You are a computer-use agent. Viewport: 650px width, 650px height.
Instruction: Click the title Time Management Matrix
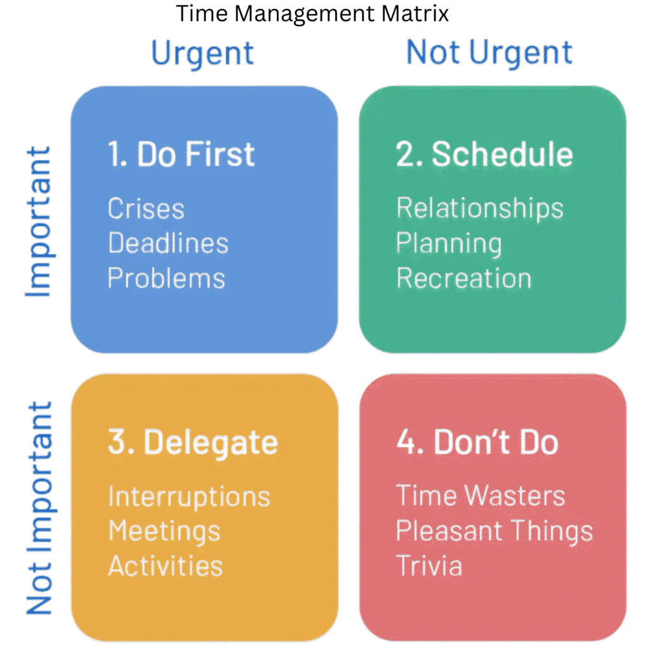coord(312,14)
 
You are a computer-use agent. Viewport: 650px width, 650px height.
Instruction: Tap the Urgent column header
coord(203,53)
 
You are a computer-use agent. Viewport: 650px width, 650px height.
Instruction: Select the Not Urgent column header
coord(489,53)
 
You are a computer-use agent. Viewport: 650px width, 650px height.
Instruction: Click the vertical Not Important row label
coord(39,508)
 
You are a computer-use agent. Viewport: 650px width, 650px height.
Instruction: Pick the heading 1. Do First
coord(182,154)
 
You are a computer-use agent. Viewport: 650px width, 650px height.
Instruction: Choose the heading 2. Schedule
coord(484,154)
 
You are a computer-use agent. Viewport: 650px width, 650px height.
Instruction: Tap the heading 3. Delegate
coord(193,442)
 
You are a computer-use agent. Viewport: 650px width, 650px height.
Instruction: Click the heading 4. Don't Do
coord(477,442)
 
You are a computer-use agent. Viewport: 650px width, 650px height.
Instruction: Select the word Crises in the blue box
coord(146,209)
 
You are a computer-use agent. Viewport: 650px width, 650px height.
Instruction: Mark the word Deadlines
coord(168,244)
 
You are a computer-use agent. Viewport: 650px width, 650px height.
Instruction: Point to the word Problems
coord(166,279)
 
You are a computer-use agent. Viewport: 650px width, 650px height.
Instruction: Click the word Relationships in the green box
coord(480,209)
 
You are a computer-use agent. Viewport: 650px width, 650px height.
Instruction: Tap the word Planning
coord(449,244)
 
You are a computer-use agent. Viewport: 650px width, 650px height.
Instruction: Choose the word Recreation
coord(464,279)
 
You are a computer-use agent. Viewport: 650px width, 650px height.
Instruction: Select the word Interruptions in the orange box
coord(189,496)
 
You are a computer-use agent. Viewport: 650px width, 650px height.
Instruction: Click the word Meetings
coord(164,531)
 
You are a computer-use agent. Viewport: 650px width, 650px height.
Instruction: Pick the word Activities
coord(166,566)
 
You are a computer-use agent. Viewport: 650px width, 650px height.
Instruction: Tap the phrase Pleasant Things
coord(494,531)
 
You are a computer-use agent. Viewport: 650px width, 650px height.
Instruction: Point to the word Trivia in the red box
coord(430,566)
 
